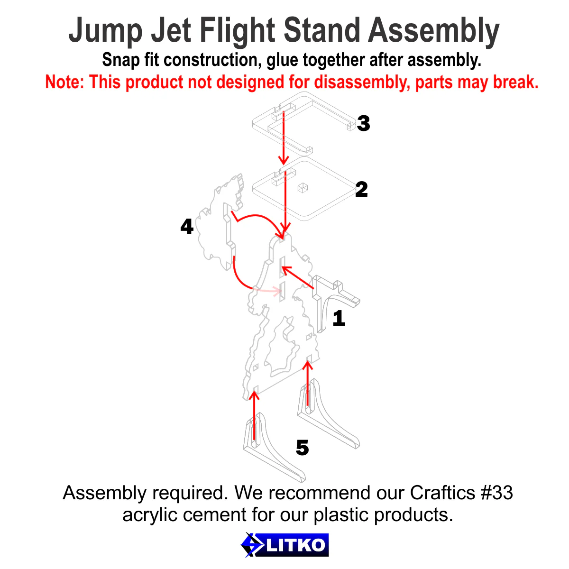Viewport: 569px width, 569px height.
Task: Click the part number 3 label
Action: coord(363,123)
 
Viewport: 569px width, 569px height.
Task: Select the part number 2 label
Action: coord(361,189)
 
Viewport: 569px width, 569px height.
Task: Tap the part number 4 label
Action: coord(187,227)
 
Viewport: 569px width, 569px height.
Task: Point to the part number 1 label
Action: coord(339,318)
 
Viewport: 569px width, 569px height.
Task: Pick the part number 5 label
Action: coord(302,448)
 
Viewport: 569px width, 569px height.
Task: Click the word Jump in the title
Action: coord(105,31)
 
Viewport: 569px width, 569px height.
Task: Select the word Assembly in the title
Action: coord(433,31)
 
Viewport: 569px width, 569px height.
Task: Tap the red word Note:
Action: coord(65,82)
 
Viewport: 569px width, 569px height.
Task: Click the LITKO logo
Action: coord(284,545)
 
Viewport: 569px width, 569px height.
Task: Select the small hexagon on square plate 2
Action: coord(302,188)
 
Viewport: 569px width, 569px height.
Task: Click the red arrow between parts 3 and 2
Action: coord(284,138)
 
